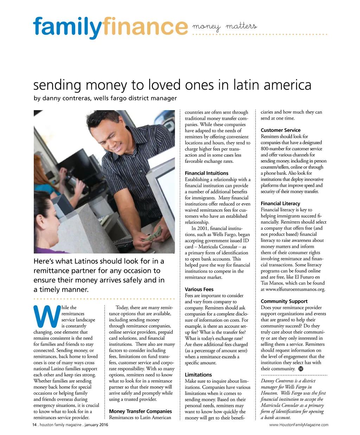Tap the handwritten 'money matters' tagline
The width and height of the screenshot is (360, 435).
coord(225,27)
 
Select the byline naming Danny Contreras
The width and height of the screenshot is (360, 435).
coord(105,98)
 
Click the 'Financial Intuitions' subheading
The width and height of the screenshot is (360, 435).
coord(206,173)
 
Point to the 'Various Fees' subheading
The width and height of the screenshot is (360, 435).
coord(199,289)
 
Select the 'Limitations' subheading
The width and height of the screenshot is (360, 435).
coord(198,375)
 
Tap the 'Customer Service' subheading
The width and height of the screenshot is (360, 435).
coord(281,130)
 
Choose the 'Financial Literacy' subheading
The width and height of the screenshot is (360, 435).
coord(280,204)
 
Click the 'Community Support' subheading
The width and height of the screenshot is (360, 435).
coord(284,301)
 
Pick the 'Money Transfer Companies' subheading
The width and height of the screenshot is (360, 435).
coord(140,411)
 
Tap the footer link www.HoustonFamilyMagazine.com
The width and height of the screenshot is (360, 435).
coord(298,425)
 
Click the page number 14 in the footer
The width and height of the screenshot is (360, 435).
coord(34,425)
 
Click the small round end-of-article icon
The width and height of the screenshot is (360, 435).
coord(301,369)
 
